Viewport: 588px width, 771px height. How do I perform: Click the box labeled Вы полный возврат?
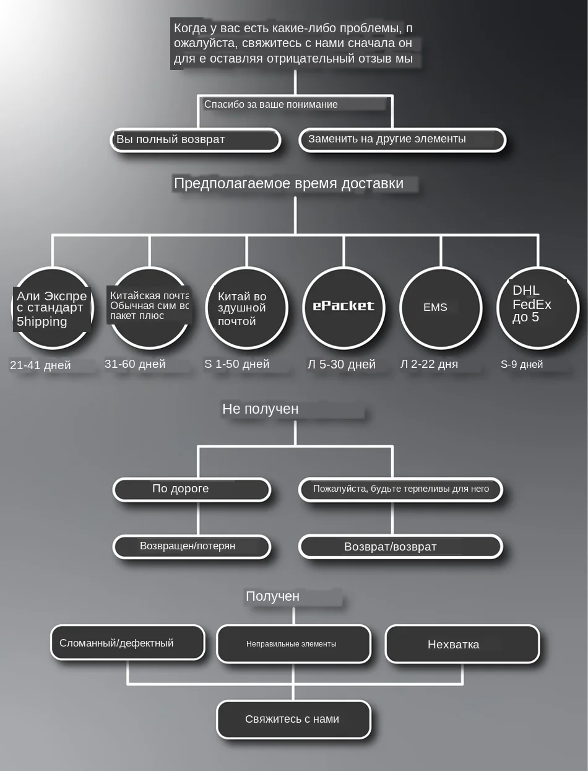[195, 140]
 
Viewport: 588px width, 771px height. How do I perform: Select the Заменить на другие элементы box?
[402, 140]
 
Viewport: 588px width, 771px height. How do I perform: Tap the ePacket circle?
[344, 307]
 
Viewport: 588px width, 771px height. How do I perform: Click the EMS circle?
[440, 307]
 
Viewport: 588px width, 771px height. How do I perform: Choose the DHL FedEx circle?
[537, 307]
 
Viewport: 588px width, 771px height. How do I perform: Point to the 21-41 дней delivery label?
[40, 365]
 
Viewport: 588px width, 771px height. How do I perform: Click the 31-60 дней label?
[135, 364]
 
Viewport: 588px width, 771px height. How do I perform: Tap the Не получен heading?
[261, 409]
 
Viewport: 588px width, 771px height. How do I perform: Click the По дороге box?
[192, 489]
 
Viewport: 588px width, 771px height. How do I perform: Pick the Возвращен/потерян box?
[192, 546]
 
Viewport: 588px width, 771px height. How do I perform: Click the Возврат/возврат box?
[400, 546]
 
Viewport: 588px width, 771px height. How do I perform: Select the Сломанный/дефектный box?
[128, 643]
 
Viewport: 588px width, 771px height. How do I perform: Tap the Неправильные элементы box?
[293, 644]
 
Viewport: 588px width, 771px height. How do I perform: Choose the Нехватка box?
[462, 644]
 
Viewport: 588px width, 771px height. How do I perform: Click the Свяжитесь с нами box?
[293, 719]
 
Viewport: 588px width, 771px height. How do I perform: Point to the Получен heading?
[273, 596]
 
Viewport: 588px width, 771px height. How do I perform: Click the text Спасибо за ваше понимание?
[271, 104]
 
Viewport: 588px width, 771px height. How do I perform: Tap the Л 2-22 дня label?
[429, 364]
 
